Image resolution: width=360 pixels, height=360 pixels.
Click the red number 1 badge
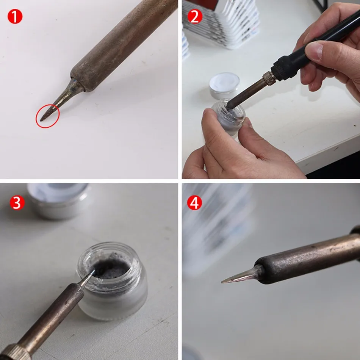pyautogui.click(x=15, y=17)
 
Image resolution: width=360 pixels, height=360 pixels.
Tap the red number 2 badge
pyautogui.click(x=194, y=17)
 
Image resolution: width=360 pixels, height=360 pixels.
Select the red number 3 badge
pyautogui.click(x=17, y=203)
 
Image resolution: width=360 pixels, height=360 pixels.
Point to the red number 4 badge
pyautogui.click(x=194, y=203)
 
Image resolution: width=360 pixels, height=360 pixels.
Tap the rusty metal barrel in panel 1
pyautogui.click(x=121, y=45)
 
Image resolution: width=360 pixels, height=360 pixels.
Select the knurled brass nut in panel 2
pyautogui.click(x=269, y=78)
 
